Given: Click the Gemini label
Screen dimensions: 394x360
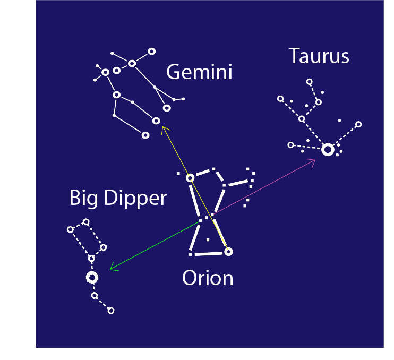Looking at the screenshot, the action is [x=199, y=72].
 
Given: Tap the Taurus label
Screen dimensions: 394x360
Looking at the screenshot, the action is [x=319, y=56].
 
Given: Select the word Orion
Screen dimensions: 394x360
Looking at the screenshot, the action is [x=208, y=278].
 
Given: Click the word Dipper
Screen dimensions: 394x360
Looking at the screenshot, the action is [x=135, y=199].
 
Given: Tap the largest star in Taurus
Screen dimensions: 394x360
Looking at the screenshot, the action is [x=328, y=150].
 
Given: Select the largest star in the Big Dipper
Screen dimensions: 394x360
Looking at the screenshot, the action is [x=92, y=278].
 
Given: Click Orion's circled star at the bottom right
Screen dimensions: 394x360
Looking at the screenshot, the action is [x=228, y=252].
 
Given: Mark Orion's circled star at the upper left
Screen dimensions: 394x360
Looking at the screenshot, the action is [x=190, y=178].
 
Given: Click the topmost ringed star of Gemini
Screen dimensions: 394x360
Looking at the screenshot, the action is [x=151, y=52].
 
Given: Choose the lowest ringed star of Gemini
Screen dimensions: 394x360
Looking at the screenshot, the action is [x=145, y=135].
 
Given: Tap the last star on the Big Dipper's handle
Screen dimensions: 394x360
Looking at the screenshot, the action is [x=111, y=311].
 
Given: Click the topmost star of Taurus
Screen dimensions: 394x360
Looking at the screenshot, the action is [x=310, y=82].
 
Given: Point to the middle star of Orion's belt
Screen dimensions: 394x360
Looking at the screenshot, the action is [x=207, y=218].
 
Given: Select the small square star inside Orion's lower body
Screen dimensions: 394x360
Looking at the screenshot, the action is [x=208, y=240].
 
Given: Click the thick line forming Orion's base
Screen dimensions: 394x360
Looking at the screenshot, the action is [x=209, y=254].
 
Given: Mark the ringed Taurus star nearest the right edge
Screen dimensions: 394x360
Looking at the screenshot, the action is [x=358, y=124].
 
